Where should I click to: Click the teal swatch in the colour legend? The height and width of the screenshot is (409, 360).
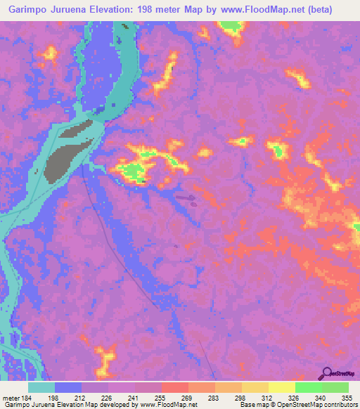tap(41, 387)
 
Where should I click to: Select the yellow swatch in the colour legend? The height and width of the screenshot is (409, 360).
tap(281, 387)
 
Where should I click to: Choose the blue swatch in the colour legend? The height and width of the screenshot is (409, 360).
tap(68, 387)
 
